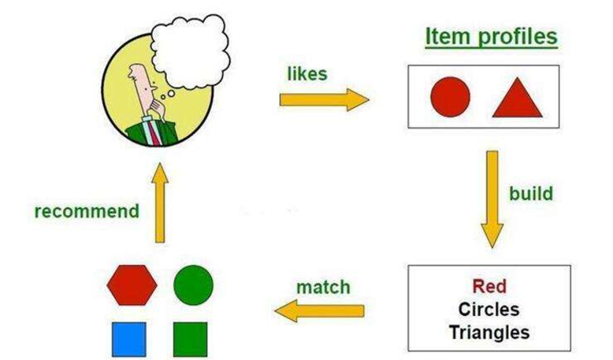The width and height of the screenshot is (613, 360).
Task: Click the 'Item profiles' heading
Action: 491,38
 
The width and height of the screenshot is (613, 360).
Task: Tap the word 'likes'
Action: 307,74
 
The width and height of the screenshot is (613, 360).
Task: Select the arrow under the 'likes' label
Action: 324,100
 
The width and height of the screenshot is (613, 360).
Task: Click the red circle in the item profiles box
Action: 451,97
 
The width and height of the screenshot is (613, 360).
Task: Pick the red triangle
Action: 517,100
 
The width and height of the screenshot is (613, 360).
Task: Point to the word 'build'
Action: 531,194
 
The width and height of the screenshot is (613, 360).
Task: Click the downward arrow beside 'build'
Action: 492,199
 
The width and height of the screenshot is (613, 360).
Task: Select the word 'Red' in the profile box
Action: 489,286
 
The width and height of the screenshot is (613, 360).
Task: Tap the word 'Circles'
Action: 489,310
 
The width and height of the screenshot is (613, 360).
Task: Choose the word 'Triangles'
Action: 489,332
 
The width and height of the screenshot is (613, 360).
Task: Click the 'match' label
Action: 323,288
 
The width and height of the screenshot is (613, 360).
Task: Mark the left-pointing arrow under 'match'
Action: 319,310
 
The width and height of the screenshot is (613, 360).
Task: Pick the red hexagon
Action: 132,285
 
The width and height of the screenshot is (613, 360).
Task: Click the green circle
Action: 194,285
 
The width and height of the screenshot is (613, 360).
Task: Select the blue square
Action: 129,340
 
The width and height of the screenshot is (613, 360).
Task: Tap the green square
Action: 191,340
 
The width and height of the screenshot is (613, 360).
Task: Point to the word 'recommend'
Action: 87,211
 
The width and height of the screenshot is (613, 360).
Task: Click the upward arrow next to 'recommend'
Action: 160,203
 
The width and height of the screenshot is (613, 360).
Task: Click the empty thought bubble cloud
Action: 191,51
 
